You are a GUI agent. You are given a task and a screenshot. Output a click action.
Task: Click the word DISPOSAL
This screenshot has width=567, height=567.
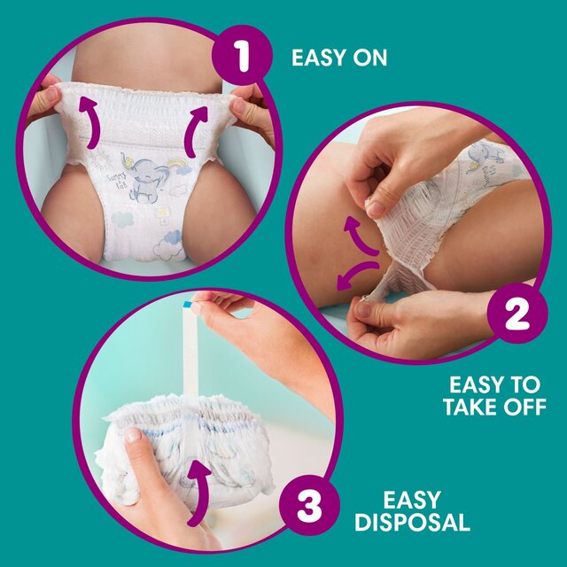point(412,522)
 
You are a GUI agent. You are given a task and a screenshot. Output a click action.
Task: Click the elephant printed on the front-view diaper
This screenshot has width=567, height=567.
point(144,179)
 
